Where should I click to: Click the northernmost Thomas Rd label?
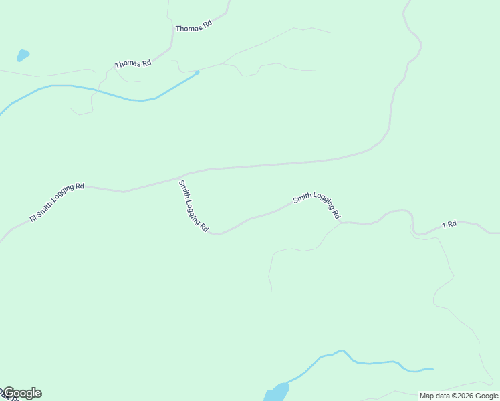193,26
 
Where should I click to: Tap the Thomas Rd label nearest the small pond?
133,64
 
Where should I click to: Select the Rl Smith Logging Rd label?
57,203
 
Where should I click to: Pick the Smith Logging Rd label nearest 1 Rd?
317,205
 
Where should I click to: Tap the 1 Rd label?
449,225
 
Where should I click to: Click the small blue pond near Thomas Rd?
23,55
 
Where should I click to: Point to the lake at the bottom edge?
276,392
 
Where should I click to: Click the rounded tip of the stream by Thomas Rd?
197,72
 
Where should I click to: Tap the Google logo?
22,393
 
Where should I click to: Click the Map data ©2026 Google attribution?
459,396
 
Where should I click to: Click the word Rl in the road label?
32,218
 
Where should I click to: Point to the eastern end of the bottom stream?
432,369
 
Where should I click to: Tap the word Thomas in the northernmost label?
188,27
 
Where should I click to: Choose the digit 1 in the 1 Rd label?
443,226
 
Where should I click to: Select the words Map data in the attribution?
434,396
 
